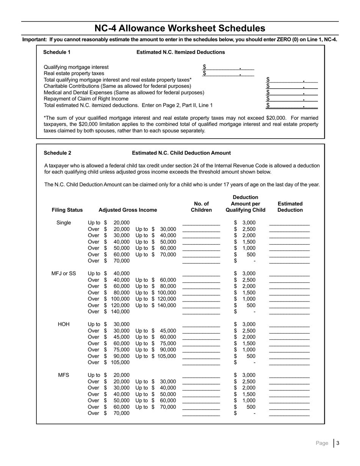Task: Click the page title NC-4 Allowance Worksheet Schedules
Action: pyautogui.click(x=180, y=28)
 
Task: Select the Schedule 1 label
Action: pyautogui.click(x=57, y=52)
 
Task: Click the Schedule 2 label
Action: pyautogui.click(x=57, y=153)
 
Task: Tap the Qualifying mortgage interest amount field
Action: pyautogui.click(x=228, y=67)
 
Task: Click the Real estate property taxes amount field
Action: pyautogui.click(x=228, y=73)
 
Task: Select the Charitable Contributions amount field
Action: pyautogui.click(x=292, y=86)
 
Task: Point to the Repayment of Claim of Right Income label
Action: pyautogui.click(x=86, y=99)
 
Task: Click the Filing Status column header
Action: pyautogui.click(x=67, y=210)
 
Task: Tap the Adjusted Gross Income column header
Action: pyautogui.click(x=128, y=210)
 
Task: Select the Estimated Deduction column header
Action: pyautogui.click(x=290, y=207)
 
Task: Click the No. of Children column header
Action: pyautogui.click(x=201, y=207)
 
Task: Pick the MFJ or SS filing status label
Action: pyautogui.click(x=64, y=274)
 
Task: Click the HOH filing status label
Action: pyautogui.click(x=64, y=324)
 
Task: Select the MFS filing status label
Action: pyautogui.click(x=64, y=375)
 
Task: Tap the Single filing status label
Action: pyautogui.click(x=64, y=223)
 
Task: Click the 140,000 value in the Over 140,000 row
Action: pyautogui.click(x=120, y=312)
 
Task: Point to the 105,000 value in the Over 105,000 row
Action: pyautogui.click(x=120, y=363)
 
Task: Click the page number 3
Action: pyautogui.click(x=338, y=443)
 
